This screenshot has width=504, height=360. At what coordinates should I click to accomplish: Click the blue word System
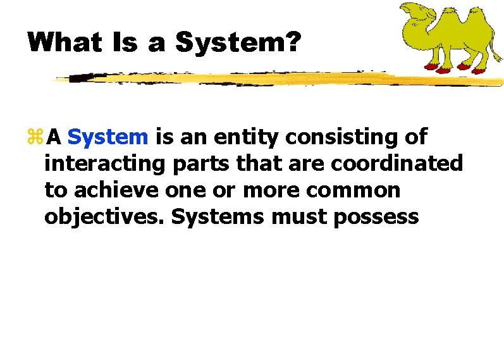coord(108,137)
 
